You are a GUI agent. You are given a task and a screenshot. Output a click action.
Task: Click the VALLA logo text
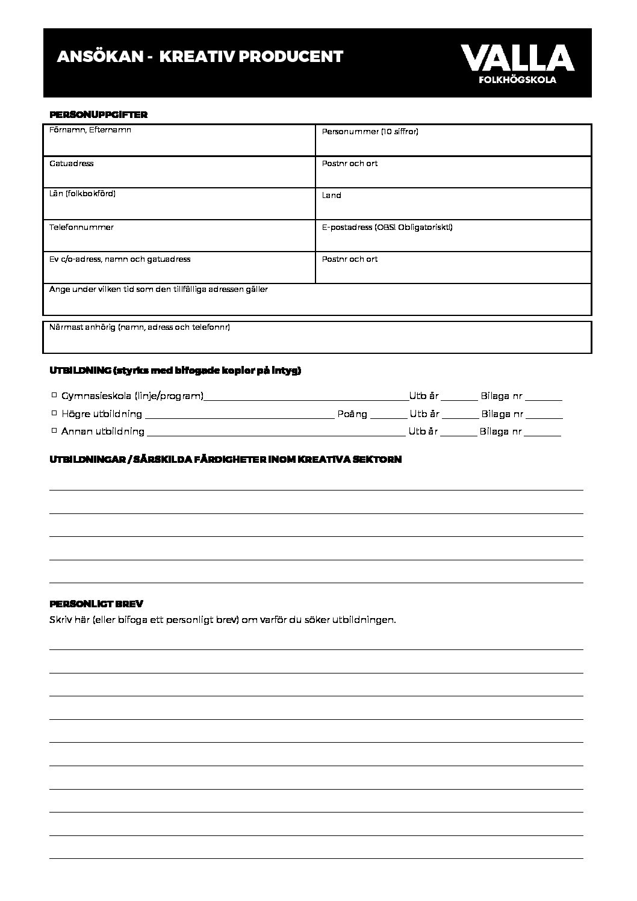pos(517,58)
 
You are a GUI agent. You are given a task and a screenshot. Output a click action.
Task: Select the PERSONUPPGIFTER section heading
pos(98,114)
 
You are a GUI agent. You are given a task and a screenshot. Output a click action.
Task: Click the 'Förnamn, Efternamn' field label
pos(90,130)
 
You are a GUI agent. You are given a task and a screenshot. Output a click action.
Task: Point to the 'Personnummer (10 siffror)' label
pos(370,131)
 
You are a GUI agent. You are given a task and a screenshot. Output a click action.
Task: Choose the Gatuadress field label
pos(71,164)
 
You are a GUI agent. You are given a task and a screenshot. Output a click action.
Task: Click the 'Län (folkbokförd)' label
pos(82,194)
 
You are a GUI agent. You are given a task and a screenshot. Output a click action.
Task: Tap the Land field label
pos(331,196)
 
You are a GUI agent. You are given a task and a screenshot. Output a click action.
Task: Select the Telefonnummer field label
pos(81,228)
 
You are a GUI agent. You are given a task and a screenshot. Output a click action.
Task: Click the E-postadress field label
pos(387,228)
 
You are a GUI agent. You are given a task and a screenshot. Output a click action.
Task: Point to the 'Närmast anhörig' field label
pos(139,327)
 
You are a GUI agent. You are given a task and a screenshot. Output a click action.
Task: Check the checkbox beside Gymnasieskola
pos(54,395)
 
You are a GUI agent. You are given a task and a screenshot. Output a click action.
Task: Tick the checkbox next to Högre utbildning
pos(54,413)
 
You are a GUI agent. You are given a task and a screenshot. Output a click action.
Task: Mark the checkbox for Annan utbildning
pos(54,430)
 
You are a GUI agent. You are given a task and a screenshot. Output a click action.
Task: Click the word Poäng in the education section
pos(352,414)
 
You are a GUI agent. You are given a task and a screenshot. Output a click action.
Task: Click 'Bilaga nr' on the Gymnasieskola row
pos(502,397)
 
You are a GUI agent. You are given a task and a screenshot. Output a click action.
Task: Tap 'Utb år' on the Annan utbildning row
pos(423,432)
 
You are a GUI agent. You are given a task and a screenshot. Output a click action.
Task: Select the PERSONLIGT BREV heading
pos(96,604)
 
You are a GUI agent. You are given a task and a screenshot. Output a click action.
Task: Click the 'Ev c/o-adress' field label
pos(119,259)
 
